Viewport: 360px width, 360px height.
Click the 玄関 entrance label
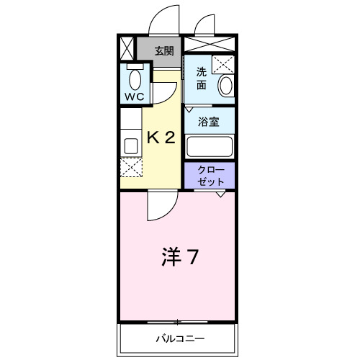coord(163,50)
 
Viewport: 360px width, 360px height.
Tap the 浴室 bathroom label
coord(210,121)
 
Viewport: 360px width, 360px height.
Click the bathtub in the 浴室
coord(210,146)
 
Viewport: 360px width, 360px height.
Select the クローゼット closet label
coord(210,176)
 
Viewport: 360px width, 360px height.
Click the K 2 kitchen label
coord(161,138)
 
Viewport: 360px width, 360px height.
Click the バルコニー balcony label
coord(179,337)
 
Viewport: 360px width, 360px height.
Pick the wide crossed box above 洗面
coord(209,42)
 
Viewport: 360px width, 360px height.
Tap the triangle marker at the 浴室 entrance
coord(189,109)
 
